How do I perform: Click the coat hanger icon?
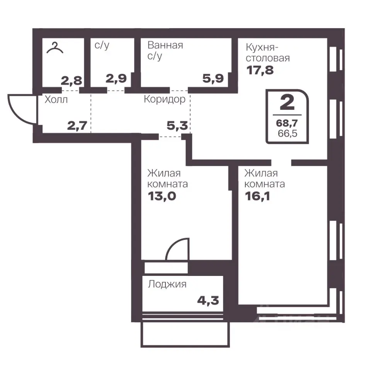pyautogui.click(x=54, y=48)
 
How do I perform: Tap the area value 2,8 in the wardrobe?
pyautogui.click(x=71, y=80)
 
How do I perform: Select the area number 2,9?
pyautogui.click(x=116, y=78)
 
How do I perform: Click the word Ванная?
pyautogui.click(x=165, y=45)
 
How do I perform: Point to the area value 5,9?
pyautogui.click(x=213, y=78)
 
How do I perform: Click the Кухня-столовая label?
pyautogui.click(x=267, y=53)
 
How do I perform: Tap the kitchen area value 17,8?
pyautogui.click(x=260, y=70)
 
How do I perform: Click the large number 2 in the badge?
pyautogui.click(x=287, y=103)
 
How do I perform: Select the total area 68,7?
pyautogui.click(x=287, y=123)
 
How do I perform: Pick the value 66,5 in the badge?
pyautogui.click(x=288, y=133)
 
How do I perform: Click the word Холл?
pyautogui.click(x=56, y=100)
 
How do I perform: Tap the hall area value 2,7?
pyautogui.click(x=77, y=126)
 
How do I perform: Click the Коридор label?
pyautogui.click(x=165, y=99)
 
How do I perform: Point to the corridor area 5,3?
pyautogui.click(x=177, y=126)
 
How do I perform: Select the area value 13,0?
pyautogui.click(x=162, y=196)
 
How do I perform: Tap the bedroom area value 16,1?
pyautogui.click(x=257, y=196)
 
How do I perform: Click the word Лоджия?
pyautogui.click(x=167, y=284)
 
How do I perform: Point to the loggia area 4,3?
pyautogui.click(x=208, y=301)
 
